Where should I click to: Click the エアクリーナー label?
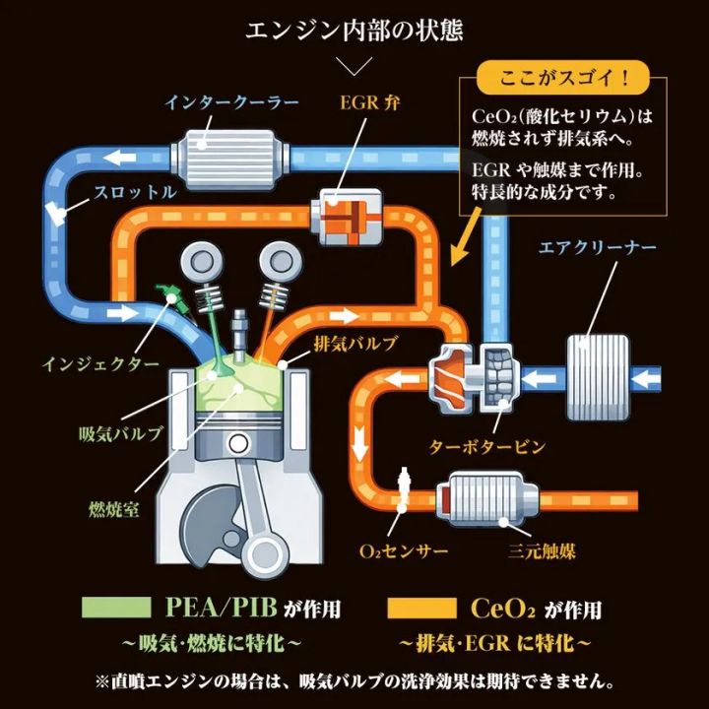[597, 246]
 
